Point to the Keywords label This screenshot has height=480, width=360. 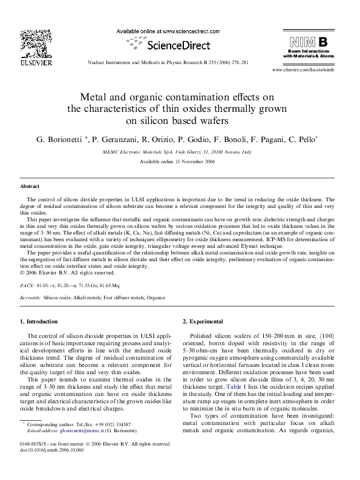(x=30, y=298)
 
